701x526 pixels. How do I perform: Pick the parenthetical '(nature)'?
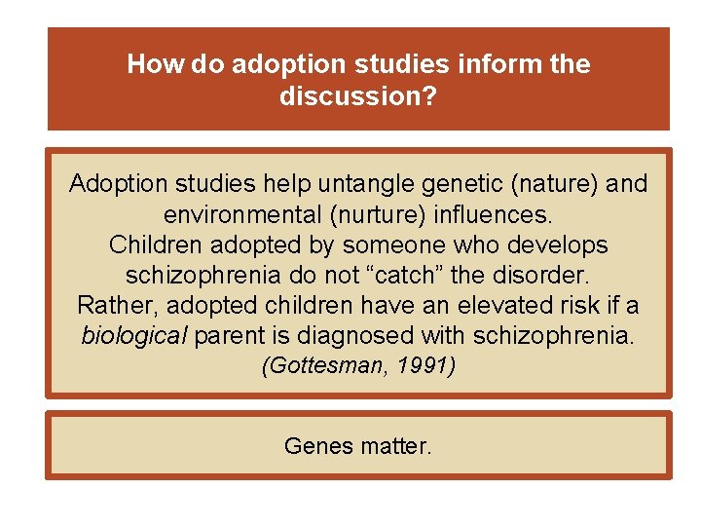pos(552,184)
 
